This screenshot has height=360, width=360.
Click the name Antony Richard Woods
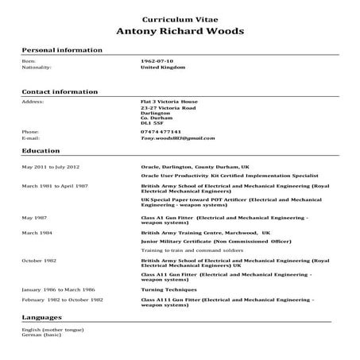pos(180,32)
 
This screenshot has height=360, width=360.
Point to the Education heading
pos(39,149)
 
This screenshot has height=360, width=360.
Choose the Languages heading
pos(42,317)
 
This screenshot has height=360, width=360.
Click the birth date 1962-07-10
pos(157,61)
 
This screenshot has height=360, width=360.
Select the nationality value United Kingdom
pos(162,68)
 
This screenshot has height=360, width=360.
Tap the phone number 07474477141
pos(161,132)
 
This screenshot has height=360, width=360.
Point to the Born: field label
pos(29,61)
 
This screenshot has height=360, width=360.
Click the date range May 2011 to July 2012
pos(51,168)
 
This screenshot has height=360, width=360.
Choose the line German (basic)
pos(41,335)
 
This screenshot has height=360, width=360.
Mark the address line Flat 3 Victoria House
pos(168,102)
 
